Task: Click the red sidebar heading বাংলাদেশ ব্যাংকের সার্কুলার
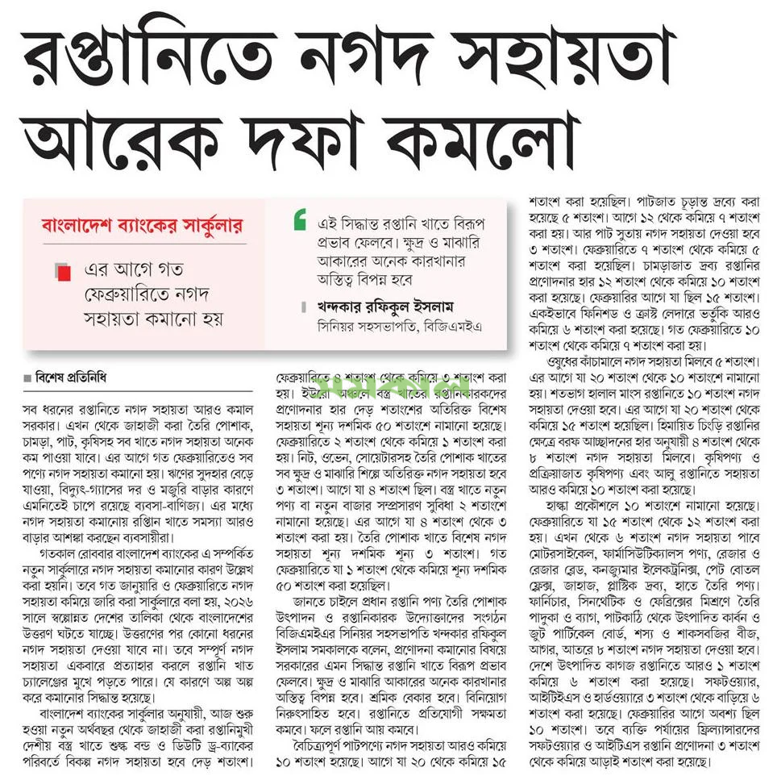pos(134,225)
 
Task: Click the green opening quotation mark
pos(300,217)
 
